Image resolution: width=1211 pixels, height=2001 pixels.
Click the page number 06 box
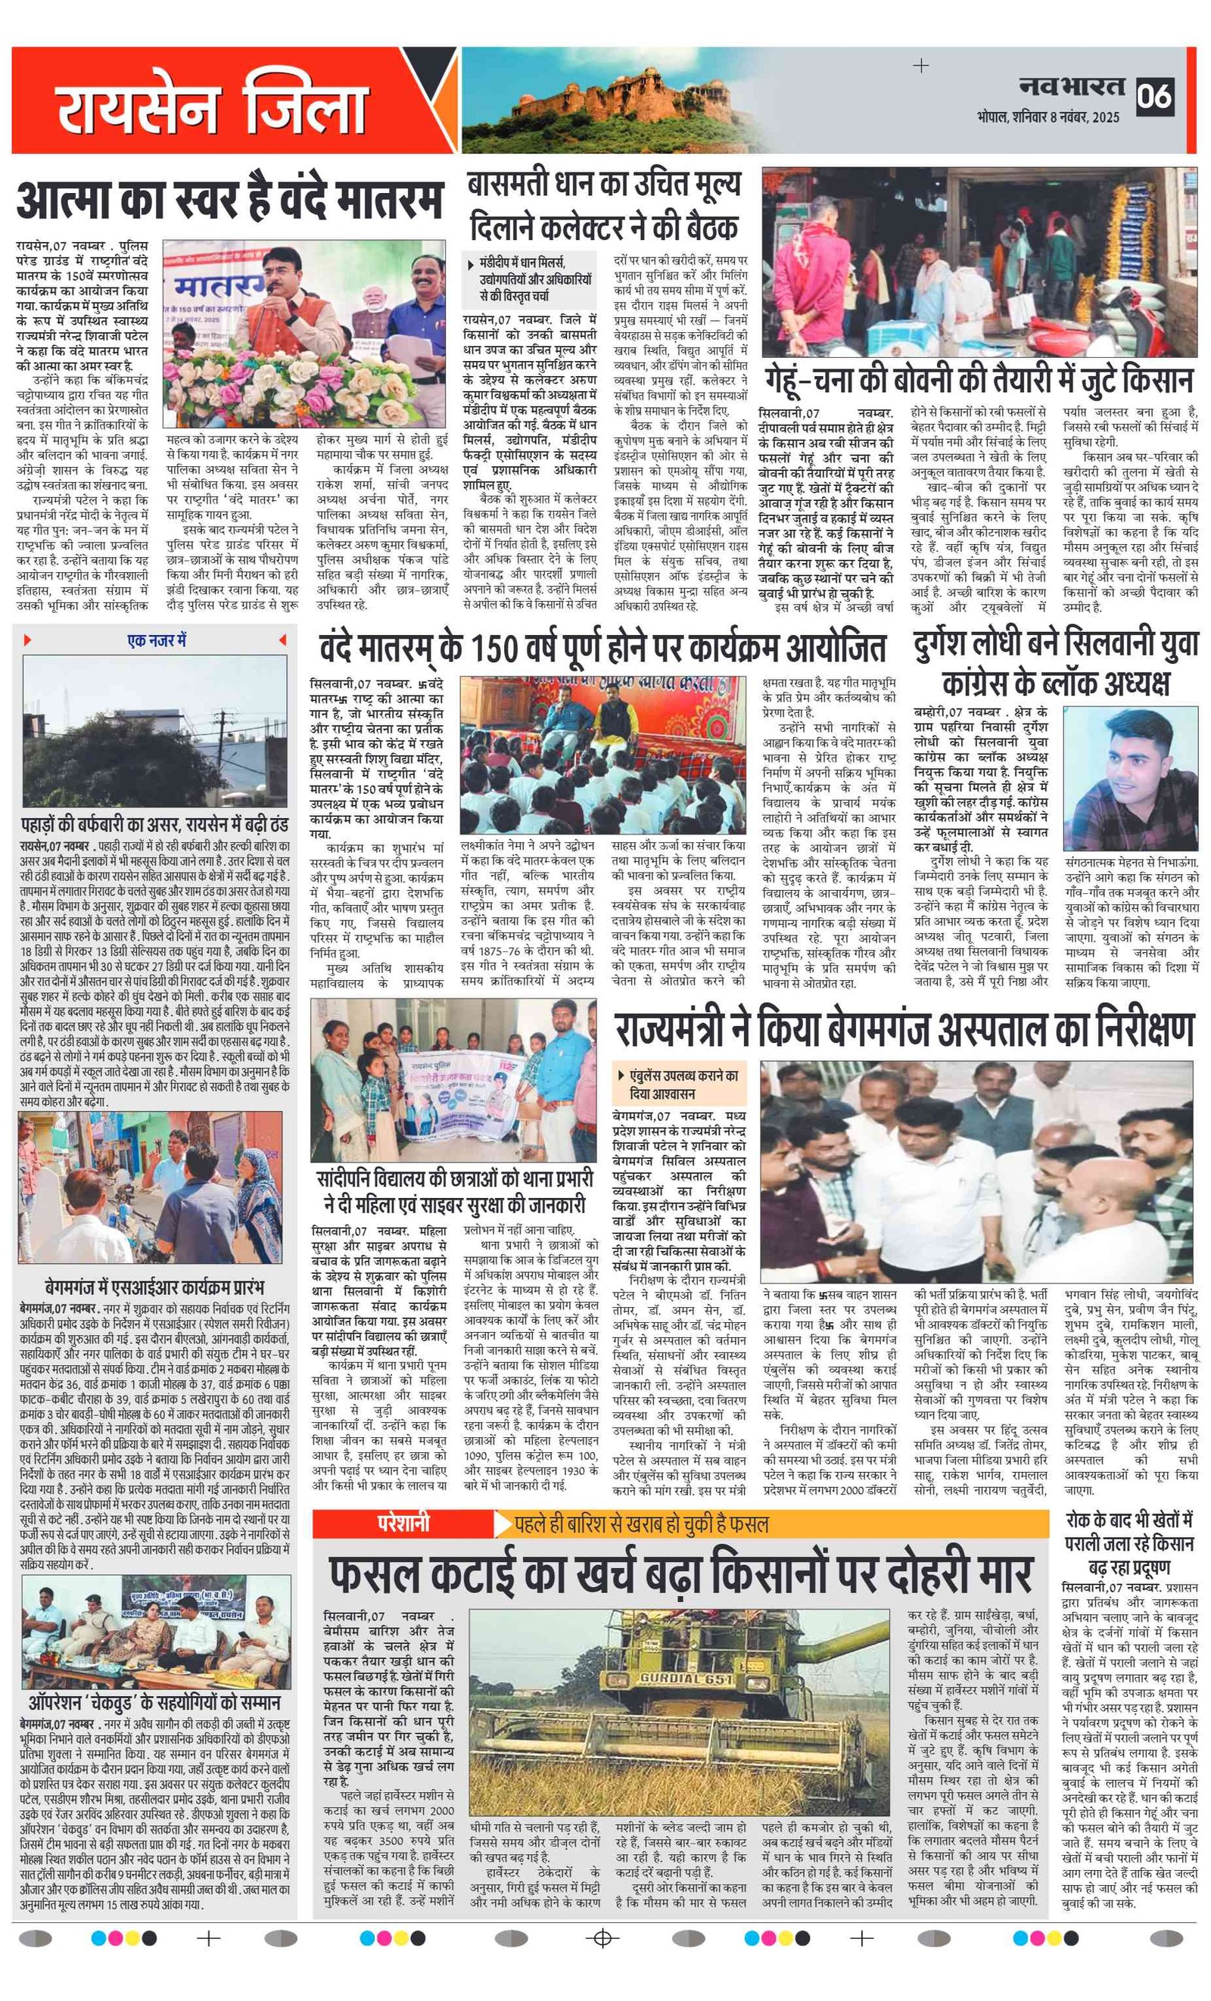1154,96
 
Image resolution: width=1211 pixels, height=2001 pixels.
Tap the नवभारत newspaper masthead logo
1072,88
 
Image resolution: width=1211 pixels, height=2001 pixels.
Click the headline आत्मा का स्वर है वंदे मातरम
231,200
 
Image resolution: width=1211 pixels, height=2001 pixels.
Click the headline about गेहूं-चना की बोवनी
979,380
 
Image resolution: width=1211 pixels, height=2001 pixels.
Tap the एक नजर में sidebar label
155,641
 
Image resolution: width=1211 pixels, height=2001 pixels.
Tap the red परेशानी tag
403,1523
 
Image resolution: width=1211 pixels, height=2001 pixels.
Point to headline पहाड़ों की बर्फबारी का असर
154,825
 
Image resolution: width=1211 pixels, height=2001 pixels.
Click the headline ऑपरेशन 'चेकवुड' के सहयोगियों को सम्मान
154,1703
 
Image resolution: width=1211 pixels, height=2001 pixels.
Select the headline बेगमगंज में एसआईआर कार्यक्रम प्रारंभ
154,1287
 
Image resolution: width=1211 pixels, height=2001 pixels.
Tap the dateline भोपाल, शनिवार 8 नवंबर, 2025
1048,117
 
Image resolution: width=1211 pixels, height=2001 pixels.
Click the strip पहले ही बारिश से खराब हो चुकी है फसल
642,1523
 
